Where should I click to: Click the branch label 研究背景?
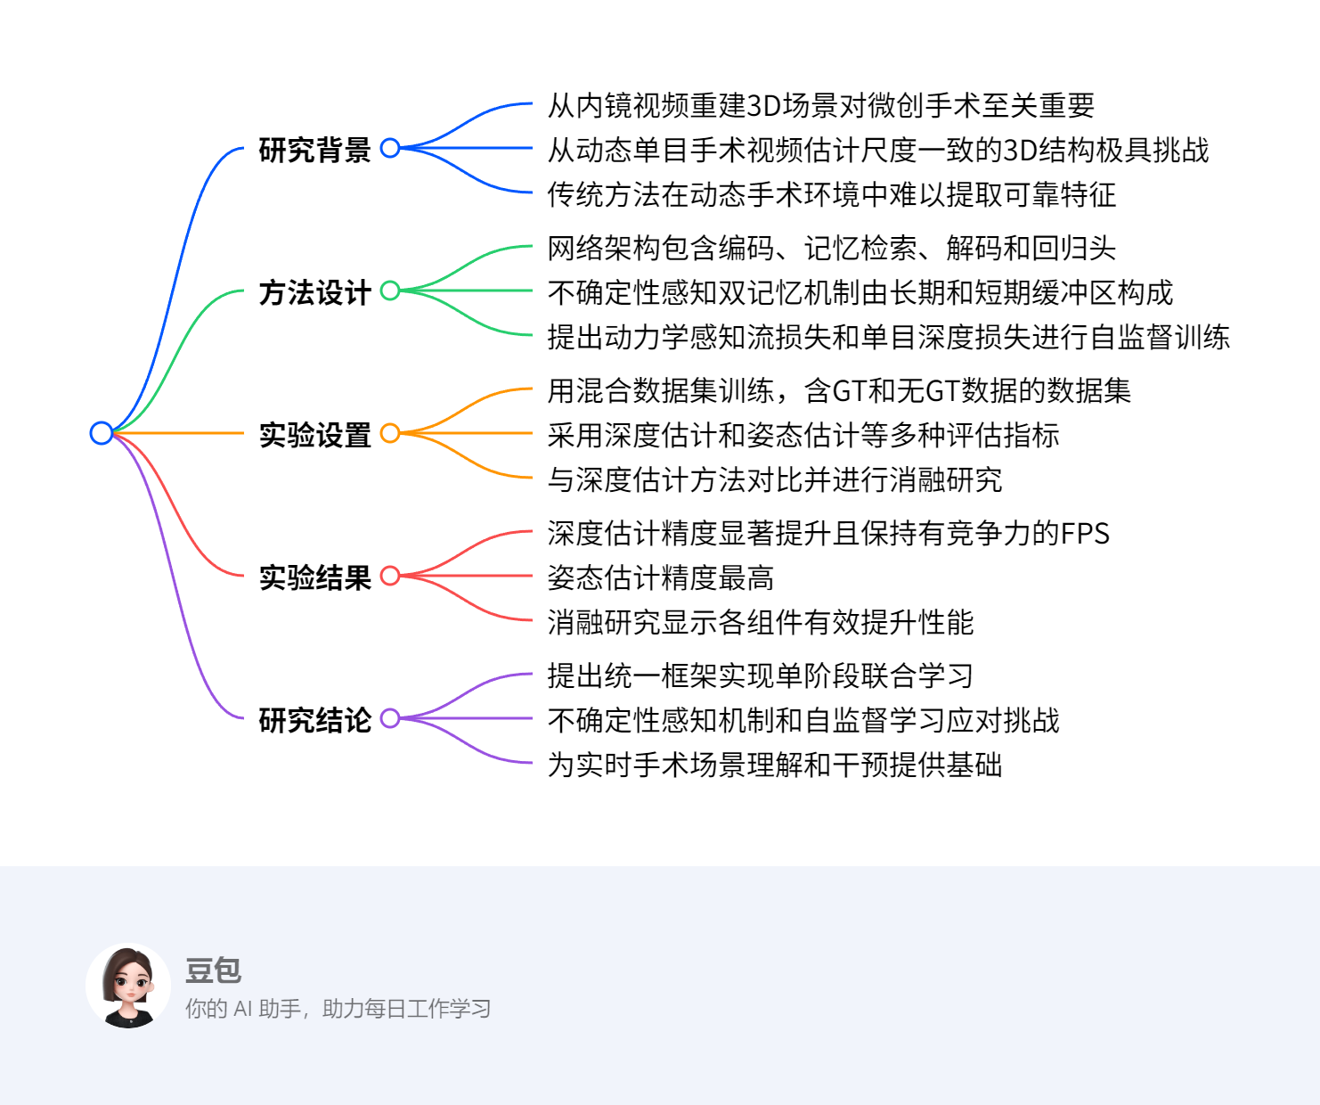point(314,150)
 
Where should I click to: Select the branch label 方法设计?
point(314,292)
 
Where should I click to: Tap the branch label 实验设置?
point(314,435)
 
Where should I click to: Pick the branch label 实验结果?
point(314,577)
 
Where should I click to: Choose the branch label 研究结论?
point(314,720)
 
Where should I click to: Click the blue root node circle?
point(102,433)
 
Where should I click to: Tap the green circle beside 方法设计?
point(389,291)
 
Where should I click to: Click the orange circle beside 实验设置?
point(389,433)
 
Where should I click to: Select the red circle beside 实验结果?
point(389,576)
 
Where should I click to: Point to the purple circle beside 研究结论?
point(389,718)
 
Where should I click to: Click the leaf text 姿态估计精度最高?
point(660,577)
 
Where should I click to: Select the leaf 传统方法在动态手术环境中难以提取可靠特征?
point(831,194)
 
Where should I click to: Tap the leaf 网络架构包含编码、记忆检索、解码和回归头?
point(831,248)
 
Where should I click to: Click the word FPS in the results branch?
point(1085,533)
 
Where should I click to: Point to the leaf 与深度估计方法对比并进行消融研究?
point(774,479)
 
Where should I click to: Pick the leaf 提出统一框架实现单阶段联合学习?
point(760,675)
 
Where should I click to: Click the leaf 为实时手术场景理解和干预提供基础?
point(774,765)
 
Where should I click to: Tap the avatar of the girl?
point(128,986)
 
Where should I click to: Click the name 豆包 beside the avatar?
point(213,970)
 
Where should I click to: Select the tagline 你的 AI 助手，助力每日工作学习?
point(338,1009)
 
